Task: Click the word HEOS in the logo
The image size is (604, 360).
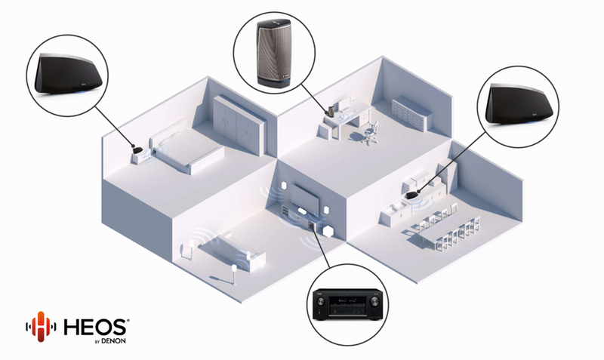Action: click(96, 327)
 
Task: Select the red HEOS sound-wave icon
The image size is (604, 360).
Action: click(41, 327)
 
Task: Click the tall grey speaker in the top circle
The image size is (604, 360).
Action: click(274, 53)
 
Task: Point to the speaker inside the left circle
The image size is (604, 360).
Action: click(68, 74)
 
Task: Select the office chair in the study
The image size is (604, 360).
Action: click(370, 132)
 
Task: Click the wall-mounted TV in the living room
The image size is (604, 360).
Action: click(305, 196)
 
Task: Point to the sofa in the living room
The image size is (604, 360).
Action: click(231, 250)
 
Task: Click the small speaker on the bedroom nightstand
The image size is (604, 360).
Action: click(137, 150)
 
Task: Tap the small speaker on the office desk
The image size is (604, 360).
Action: click(331, 111)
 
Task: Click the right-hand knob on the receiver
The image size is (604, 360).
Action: click(374, 301)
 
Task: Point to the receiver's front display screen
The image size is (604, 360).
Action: click(347, 300)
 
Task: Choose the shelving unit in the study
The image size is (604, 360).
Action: click(412, 113)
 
